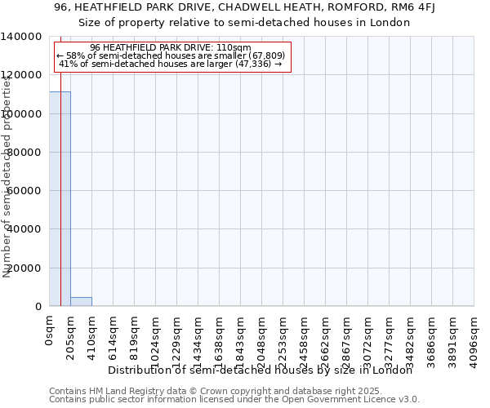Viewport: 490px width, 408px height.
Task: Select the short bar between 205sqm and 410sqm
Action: (x=81, y=302)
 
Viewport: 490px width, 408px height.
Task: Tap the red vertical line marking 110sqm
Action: (x=60, y=204)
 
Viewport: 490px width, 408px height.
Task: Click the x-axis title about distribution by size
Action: (x=261, y=370)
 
